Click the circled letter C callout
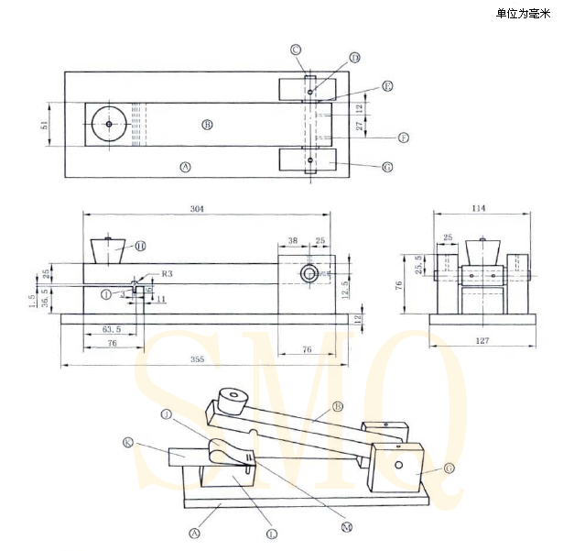tap(296, 50)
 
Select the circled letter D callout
tap(354, 58)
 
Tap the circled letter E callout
tap(387, 86)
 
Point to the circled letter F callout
tap(403, 138)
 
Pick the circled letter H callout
tap(140, 246)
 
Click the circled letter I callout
tap(107, 294)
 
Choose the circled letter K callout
tap(127, 442)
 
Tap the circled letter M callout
tap(346, 526)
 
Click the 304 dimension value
tap(198, 209)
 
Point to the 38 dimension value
tap(292, 240)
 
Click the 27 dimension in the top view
tap(360, 126)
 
